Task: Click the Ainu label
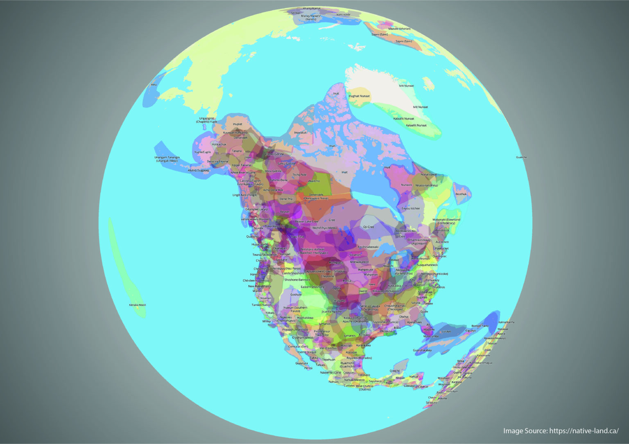tap(154, 85)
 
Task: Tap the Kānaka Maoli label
tap(138, 305)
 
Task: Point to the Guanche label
tap(521, 157)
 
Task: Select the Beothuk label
tap(461, 194)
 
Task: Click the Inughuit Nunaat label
tap(359, 96)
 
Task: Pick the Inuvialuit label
tap(300, 133)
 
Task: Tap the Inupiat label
tap(238, 124)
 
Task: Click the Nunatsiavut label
tap(429, 175)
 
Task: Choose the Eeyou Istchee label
tap(411, 208)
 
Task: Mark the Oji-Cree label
tap(369, 227)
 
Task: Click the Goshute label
tap(296, 295)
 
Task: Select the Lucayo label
tap(446, 331)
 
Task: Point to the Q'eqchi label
tap(394, 371)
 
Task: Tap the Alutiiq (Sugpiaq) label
tap(198, 170)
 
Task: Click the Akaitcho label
tap(314, 181)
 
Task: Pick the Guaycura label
tap(301, 363)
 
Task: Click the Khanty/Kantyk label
tap(312, 8)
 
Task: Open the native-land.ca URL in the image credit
tap(584, 431)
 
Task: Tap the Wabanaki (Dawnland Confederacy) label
tap(446, 221)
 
